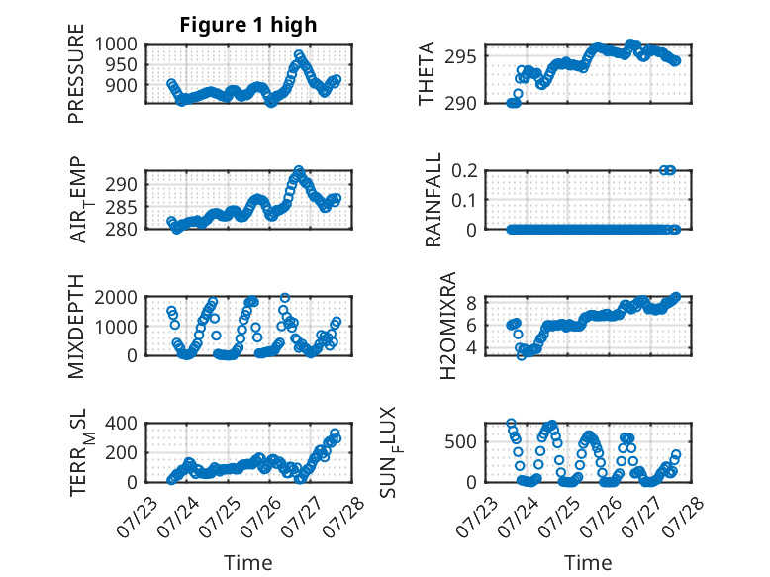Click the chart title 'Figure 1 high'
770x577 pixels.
[x=248, y=25]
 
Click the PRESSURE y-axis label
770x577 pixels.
[x=76, y=73]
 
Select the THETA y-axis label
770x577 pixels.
[x=427, y=73]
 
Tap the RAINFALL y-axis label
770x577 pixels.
[x=433, y=200]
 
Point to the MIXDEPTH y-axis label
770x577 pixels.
[x=76, y=326]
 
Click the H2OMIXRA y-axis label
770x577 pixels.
[x=448, y=326]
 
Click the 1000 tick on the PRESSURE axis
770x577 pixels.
[x=116, y=45]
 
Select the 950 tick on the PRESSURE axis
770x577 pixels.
[x=122, y=64]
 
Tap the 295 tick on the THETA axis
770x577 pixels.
[x=460, y=56]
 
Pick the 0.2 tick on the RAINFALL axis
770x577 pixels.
[x=464, y=171]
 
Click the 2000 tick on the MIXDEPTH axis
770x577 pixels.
[x=116, y=297]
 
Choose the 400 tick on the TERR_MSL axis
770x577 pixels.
[x=122, y=423]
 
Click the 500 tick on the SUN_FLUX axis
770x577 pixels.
[x=460, y=441]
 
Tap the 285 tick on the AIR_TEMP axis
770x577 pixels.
[x=122, y=207]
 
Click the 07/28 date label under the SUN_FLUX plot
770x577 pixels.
[x=683, y=517]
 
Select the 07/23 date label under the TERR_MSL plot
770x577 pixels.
[x=137, y=517]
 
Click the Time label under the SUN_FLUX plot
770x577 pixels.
[x=588, y=562]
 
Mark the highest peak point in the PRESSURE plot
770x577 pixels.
[x=299, y=54]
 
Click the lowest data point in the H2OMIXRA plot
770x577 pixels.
[x=521, y=355]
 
